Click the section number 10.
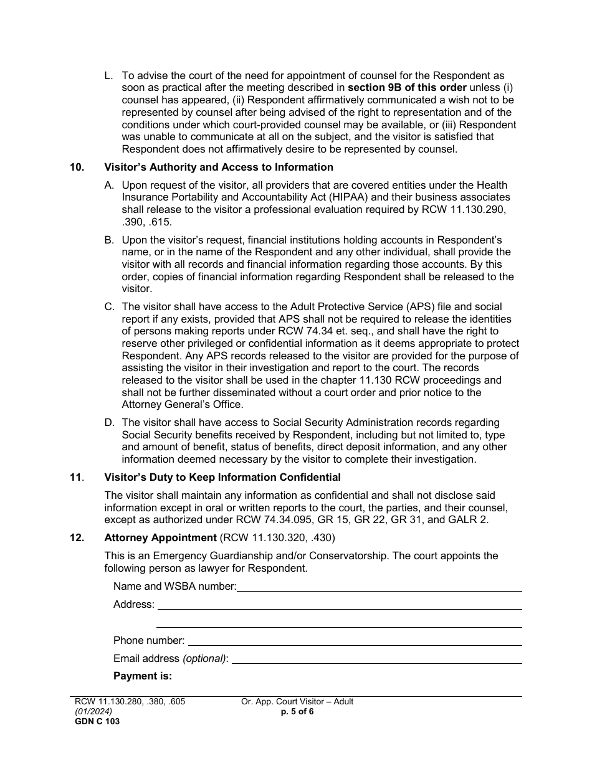pos(77,167)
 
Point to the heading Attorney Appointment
pos(160,537)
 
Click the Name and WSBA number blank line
pos(379,586)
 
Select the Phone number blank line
pos(354,640)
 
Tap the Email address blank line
pos(376,658)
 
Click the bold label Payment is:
pos(142,676)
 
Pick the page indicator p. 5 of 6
pos(297,711)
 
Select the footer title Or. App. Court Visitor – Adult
pos(297,702)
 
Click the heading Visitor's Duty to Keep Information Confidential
pos(222,478)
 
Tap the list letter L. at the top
pos(108,76)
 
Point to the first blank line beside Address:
pos(338,604)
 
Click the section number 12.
pos(77,537)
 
